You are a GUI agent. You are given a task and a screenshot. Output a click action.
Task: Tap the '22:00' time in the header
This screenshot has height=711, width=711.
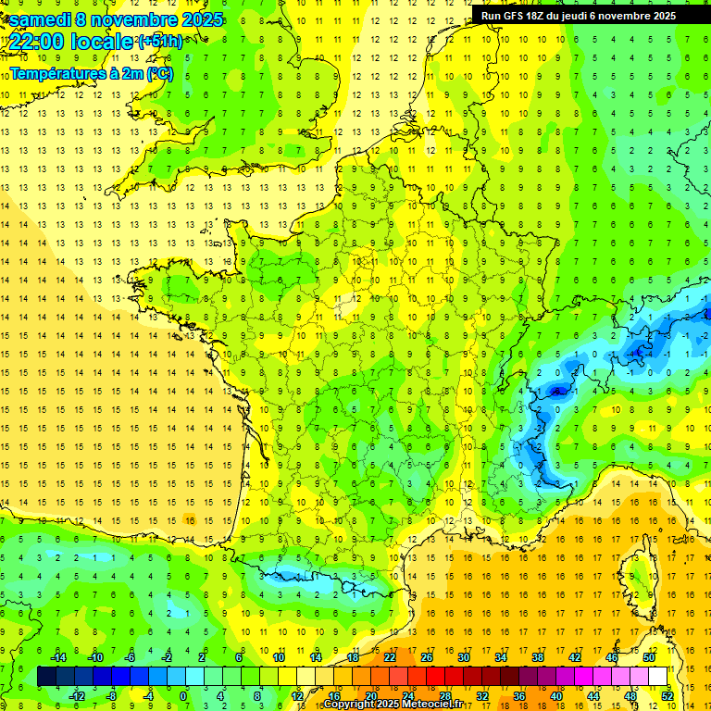click(x=36, y=42)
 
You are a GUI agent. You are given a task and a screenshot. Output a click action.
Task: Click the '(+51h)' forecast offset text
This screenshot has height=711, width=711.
click(x=160, y=42)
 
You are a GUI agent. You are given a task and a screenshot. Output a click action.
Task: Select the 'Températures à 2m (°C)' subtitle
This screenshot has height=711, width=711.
click(x=91, y=73)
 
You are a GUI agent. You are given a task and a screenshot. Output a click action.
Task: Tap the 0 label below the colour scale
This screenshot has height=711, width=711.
click(x=183, y=696)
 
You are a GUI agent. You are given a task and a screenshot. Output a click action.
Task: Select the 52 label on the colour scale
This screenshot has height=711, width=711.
click(x=667, y=696)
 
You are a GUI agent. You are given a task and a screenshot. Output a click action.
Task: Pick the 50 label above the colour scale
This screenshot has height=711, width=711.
click(x=649, y=657)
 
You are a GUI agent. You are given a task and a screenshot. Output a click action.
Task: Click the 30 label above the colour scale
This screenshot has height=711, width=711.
click(x=464, y=657)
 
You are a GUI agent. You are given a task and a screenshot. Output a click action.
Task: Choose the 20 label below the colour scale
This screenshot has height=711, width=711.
click(x=370, y=696)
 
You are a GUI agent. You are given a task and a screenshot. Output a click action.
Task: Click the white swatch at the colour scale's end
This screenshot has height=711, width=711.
click(x=658, y=677)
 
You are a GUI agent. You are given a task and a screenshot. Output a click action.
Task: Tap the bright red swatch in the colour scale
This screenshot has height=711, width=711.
click(x=436, y=677)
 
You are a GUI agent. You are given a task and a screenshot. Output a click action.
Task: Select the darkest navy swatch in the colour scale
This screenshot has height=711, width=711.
click(x=46, y=677)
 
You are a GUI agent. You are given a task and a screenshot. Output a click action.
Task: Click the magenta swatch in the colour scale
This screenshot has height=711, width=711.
click(x=584, y=677)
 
